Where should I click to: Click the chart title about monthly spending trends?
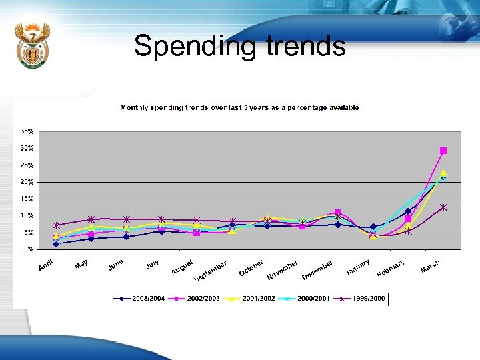click(239, 107)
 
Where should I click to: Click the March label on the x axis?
click(431, 266)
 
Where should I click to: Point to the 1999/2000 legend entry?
click(365, 299)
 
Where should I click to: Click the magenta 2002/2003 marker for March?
click(443, 151)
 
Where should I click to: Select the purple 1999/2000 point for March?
click(443, 207)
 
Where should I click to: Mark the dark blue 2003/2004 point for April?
click(56, 244)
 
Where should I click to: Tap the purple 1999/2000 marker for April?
click(57, 225)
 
